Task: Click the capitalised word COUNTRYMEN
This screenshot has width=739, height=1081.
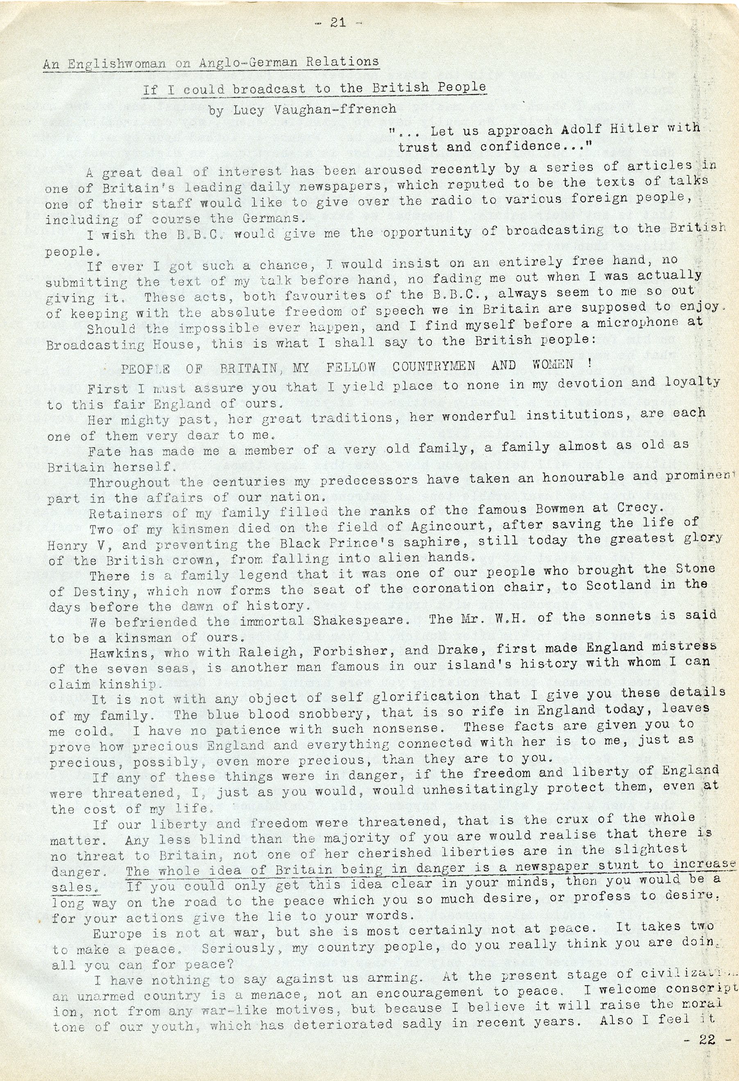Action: coord(433,366)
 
